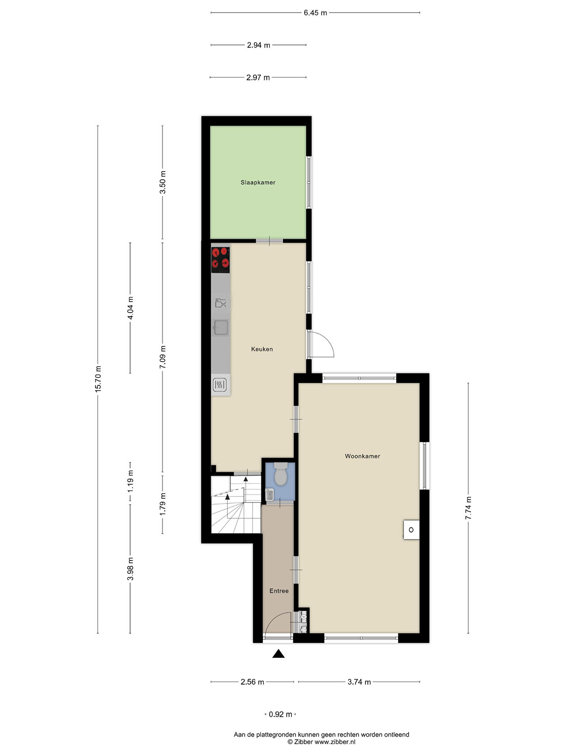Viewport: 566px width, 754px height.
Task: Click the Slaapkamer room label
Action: tap(258, 182)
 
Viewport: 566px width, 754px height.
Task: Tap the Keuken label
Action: tap(262, 349)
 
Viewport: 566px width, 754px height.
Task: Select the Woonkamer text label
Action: tap(362, 456)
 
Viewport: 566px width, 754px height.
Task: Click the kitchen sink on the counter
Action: tap(221, 327)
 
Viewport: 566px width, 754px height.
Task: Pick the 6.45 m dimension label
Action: tap(315, 13)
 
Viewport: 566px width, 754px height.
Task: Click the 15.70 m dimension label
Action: tap(98, 379)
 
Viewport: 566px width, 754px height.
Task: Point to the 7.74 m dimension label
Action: tap(468, 508)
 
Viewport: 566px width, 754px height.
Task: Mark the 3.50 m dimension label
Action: tap(163, 183)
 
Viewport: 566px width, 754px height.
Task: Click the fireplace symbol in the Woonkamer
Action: tap(411, 530)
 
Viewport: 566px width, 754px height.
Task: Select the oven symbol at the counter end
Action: tap(220, 385)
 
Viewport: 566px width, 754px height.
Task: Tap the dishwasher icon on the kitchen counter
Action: tap(220, 303)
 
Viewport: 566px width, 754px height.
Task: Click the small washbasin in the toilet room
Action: tap(269, 495)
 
